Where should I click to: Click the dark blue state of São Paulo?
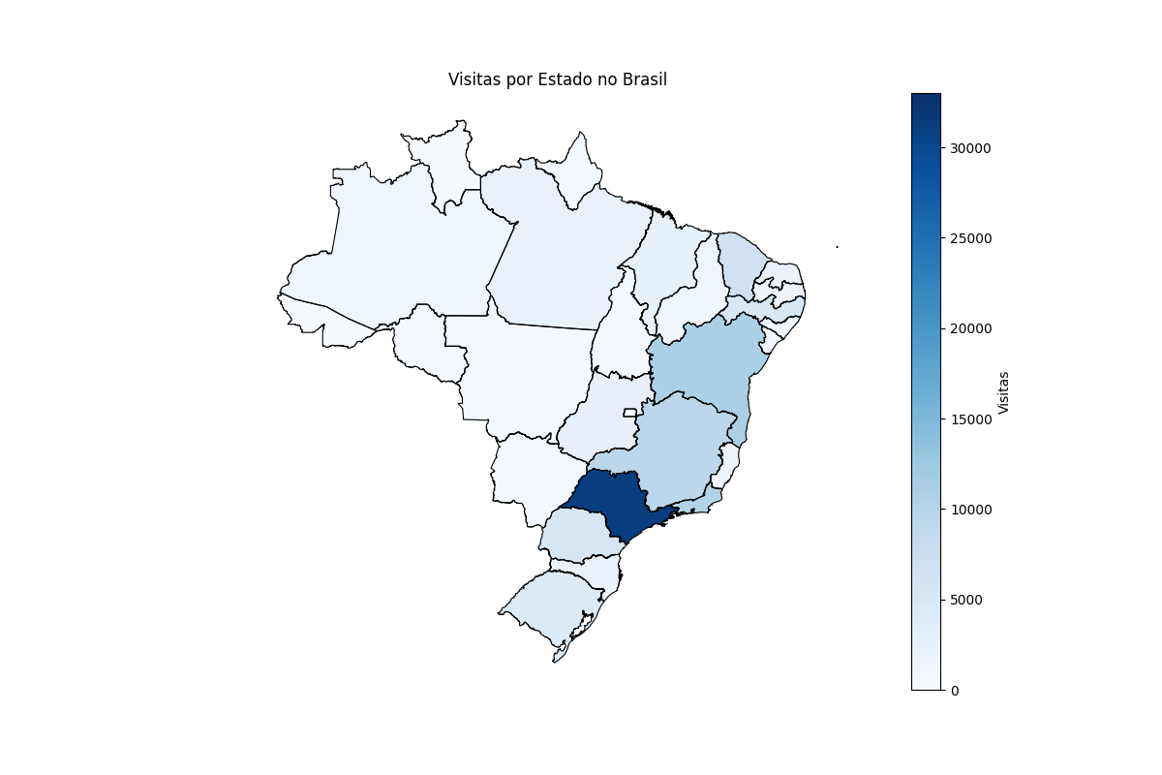click(x=610, y=499)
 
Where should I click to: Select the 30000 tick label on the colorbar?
click(x=969, y=148)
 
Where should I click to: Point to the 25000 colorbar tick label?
click(x=969, y=238)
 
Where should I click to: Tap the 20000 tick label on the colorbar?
click(x=969, y=328)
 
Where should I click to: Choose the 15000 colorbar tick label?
click(x=969, y=418)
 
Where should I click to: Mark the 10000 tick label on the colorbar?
click(x=969, y=510)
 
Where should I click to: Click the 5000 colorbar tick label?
click(x=966, y=600)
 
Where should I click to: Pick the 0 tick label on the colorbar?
click(x=955, y=690)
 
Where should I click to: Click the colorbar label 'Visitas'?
click(x=1003, y=392)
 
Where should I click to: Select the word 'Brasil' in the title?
click(x=645, y=79)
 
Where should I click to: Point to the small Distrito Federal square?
click(x=629, y=413)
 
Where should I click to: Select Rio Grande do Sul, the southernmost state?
click(x=547, y=605)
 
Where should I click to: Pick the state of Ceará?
click(x=741, y=262)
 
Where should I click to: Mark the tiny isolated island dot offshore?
click(x=837, y=247)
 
